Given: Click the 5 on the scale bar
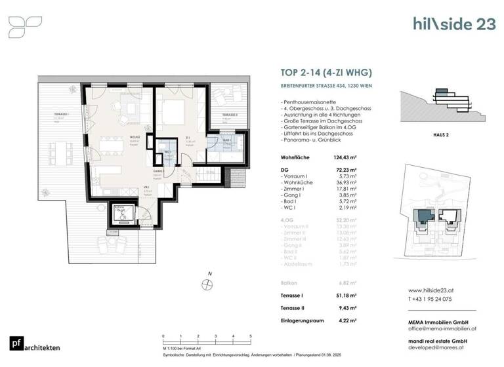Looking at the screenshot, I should click(251, 336).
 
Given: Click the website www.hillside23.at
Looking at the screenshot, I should click(432, 290).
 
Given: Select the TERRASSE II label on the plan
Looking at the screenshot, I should click(229, 115).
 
